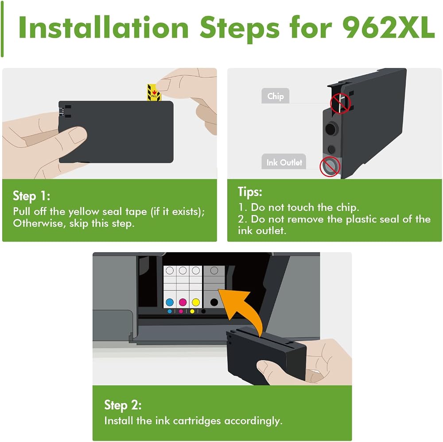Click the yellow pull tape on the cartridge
(x=154, y=92)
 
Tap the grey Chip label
(x=275, y=96)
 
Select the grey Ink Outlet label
(x=284, y=162)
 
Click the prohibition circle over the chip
(x=340, y=103)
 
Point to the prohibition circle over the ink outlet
(x=330, y=166)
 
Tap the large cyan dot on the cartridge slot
(x=170, y=302)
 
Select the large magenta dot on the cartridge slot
(x=183, y=302)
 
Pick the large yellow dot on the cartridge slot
(x=196, y=302)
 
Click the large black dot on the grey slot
(x=214, y=302)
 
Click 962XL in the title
(x=389, y=27)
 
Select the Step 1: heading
(x=31, y=196)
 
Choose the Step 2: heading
(x=123, y=405)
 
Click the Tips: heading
(x=250, y=192)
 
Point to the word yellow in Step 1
(x=84, y=211)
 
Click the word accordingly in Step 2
(x=253, y=421)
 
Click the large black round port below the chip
(x=330, y=129)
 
